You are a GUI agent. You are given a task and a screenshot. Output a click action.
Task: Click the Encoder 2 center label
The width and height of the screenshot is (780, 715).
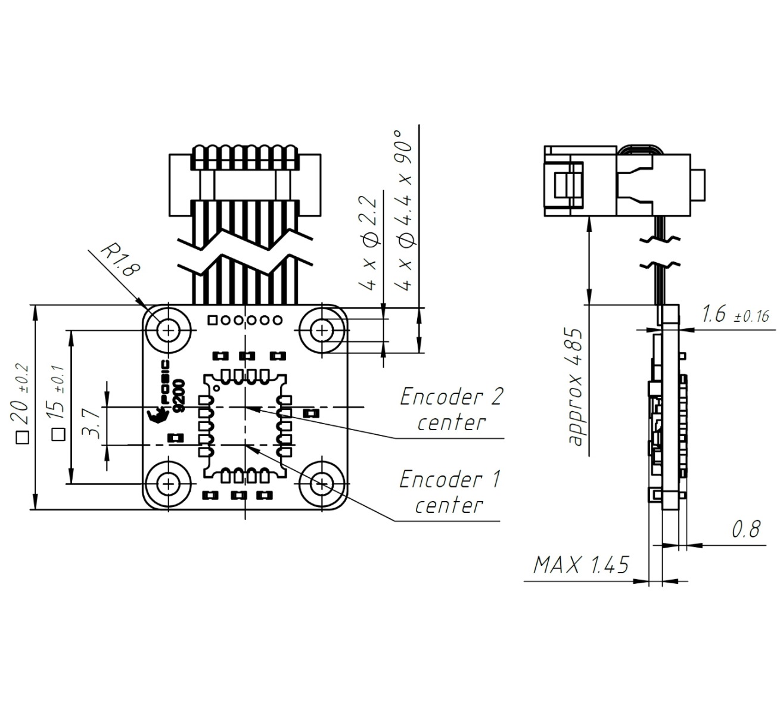(x=451, y=409)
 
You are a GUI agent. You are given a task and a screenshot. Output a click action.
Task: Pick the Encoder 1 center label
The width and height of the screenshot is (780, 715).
(x=449, y=492)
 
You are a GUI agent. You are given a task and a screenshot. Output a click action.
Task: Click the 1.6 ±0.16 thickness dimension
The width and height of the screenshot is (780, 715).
(x=736, y=315)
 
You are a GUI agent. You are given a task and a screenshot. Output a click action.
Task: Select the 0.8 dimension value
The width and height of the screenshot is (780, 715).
(x=745, y=529)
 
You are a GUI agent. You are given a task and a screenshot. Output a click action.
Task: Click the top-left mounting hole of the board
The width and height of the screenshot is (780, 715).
(x=169, y=329)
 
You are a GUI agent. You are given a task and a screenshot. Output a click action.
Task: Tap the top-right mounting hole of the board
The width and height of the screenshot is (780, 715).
(x=322, y=329)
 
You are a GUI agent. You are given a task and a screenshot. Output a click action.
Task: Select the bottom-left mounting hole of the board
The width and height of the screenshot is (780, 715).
(x=169, y=482)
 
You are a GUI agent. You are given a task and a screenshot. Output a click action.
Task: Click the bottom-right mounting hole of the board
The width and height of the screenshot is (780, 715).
(x=322, y=482)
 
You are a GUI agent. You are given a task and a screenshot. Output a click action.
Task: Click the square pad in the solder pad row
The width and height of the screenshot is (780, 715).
(x=212, y=321)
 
